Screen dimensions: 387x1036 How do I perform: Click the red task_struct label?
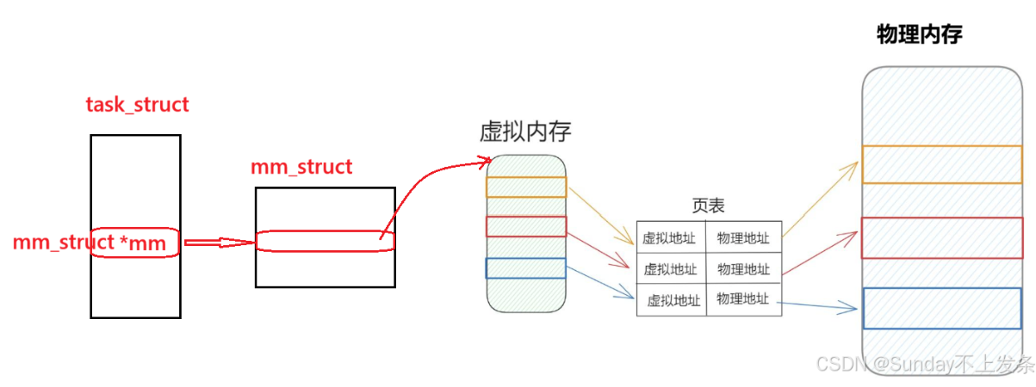pyautogui.click(x=137, y=105)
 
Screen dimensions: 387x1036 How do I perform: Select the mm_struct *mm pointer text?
pyautogui.click(x=89, y=243)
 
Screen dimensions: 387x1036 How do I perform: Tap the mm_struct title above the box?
pyautogui.click(x=301, y=167)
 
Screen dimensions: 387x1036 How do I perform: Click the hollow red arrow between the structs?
pyautogui.click(x=218, y=243)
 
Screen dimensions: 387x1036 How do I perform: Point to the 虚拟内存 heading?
pyautogui.click(x=525, y=132)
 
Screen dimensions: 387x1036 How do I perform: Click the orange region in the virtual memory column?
pyautogui.click(x=526, y=187)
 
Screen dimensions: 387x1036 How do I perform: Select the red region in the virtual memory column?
pyautogui.click(x=526, y=226)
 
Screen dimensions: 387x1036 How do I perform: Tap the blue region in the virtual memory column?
pyautogui.click(x=526, y=268)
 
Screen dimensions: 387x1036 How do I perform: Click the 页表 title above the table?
pyautogui.click(x=708, y=206)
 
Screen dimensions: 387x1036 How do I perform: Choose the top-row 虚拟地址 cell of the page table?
pyautogui.click(x=669, y=238)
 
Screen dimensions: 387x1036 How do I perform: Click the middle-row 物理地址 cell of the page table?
pyautogui.click(x=743, y=269)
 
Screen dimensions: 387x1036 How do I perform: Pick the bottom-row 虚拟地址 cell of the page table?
pyautogui.click(x=673, y=300)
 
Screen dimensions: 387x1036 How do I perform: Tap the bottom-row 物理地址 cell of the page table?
pyautogui.click(x=742, y=298)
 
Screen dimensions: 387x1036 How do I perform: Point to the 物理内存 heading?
pyautogui.click(x=919, y=35)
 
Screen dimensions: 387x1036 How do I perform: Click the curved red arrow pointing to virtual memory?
pyautogui.click(x=422, y=184)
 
